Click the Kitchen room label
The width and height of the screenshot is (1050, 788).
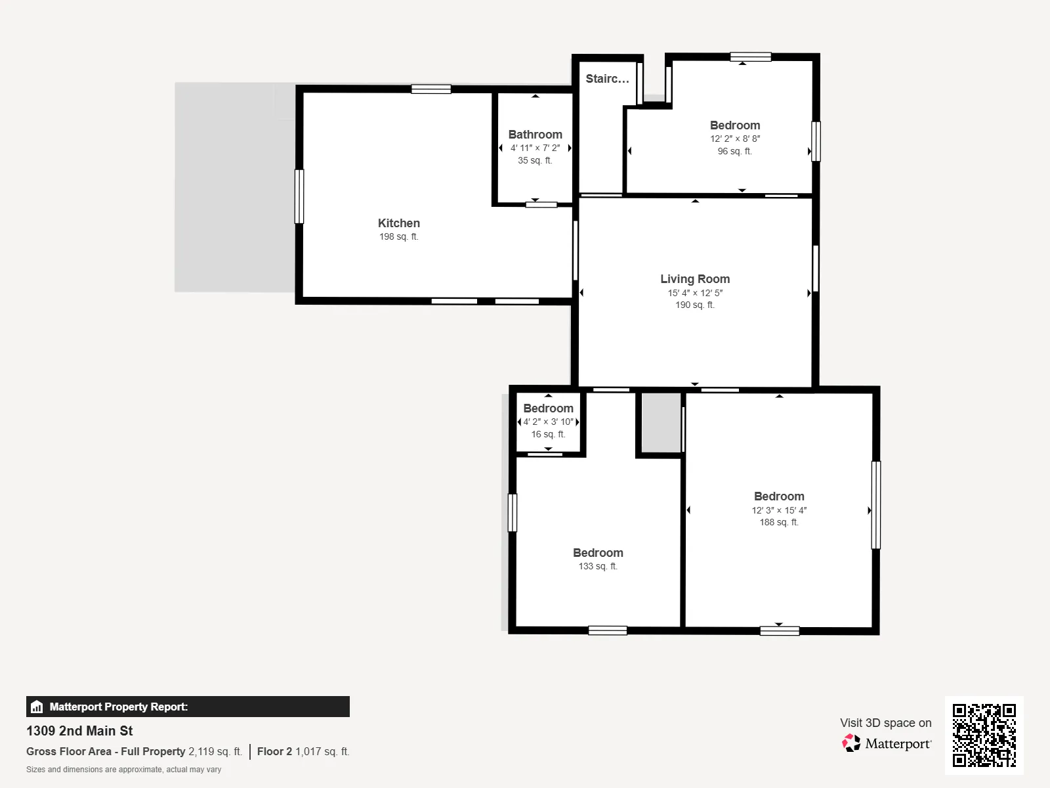[x=398, y=223]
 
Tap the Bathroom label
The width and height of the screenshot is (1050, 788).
[x=535, y=135]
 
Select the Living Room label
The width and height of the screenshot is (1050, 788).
[x=694, y=279]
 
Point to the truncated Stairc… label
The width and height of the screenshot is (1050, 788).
[x=607, y=78]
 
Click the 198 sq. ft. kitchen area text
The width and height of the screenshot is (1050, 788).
[x=398, y=236]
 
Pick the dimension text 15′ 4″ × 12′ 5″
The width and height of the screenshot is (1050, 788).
[x=694, y=293]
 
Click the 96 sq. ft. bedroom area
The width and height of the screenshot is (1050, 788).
[x=734, y=151]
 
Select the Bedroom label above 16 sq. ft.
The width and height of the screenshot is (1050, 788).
[x=548, y=408]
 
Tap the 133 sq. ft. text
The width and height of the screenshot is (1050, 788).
[x=597, y=566]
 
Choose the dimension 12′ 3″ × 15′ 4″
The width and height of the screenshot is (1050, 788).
[x=779, y=510]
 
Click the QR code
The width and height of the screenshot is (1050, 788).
[x=984, y=735]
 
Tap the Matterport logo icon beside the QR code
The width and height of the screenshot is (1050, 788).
[x=851, y=743]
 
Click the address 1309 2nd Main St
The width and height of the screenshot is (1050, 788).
[x=79, y=731]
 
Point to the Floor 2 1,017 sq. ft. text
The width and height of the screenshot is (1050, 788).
[x=303, y=751]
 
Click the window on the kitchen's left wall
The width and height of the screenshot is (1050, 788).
[x=299, y=196]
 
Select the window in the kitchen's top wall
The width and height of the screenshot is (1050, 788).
[x=431, y=89]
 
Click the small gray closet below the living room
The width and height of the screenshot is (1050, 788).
[x=661, y=422]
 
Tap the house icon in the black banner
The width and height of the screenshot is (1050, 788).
[x=37, y=707]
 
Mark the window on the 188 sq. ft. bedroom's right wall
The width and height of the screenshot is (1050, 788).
[x=876, y=505]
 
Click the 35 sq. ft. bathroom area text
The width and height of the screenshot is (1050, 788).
[x=535, y=160]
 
